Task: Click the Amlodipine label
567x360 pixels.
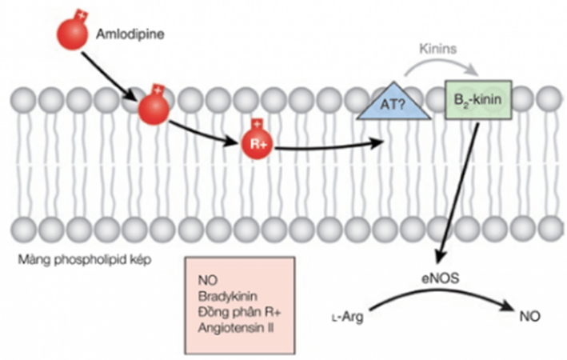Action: click(130, 34)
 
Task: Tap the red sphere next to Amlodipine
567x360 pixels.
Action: click(72, 34)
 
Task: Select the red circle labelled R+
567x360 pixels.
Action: click(257, 144)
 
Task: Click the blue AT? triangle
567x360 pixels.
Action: click(393, 103)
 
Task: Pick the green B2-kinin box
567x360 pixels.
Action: click(478, 99)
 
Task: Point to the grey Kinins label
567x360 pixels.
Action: click(438, 49)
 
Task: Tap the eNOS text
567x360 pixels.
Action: click(441, 278)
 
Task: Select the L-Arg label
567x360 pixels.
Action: click(348, 317)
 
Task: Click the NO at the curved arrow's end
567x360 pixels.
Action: click(529, 316)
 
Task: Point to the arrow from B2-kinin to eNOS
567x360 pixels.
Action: click(457, 194)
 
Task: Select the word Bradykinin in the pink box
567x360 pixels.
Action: click(228, 296)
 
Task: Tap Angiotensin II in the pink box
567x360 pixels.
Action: click(236, 328)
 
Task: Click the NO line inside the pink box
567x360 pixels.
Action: click(208, 280)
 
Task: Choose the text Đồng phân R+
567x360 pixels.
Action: click(239, 312)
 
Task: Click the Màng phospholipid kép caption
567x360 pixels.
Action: click(85, 260)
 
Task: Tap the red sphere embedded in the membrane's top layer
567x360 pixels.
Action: click(154, 108)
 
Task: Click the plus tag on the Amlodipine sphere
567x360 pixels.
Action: click(82, 15)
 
